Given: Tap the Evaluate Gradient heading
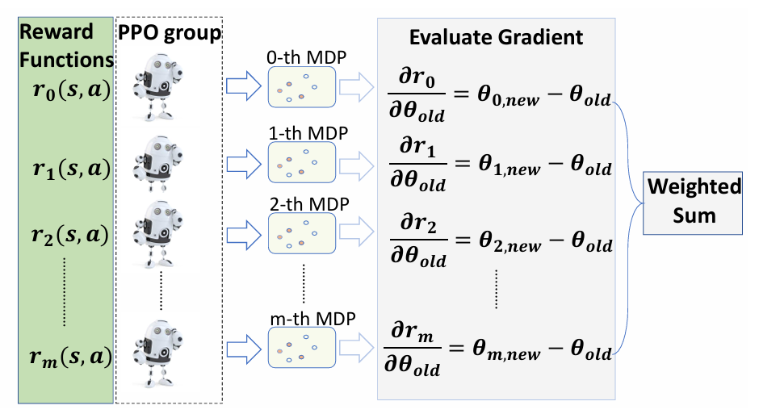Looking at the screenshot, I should [x=496, y=37].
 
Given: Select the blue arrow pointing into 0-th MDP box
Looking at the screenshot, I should [x=242, y=87].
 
